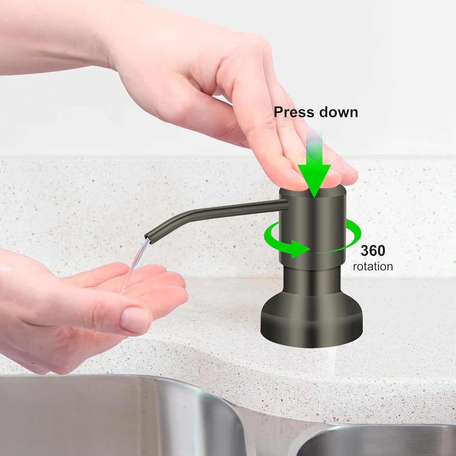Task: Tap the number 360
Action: coord(373,251)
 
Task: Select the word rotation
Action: coord(373,267)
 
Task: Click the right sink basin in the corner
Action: coord(379,442)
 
